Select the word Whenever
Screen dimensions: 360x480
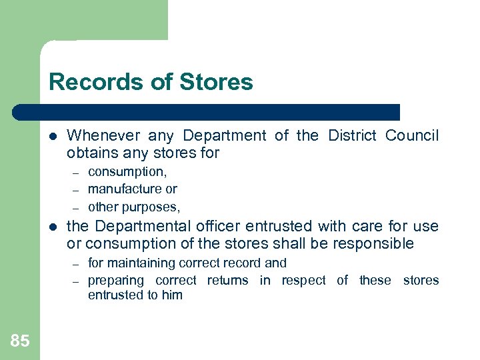tap(103, 136)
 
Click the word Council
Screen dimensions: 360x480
tap(412, 136)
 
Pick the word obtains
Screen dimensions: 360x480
tap(91, 154)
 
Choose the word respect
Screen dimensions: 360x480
tap(303, 281)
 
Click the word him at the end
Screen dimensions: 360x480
tap(171, 295)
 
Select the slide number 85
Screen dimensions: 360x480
tap(20, 341)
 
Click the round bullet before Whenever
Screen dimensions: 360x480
tap(54, 136)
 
